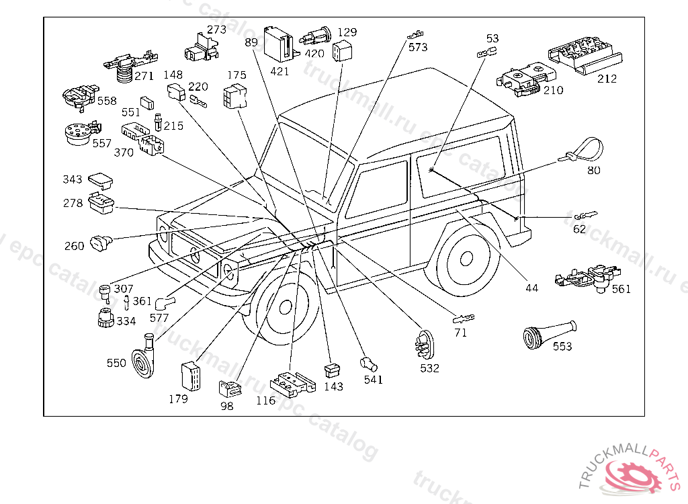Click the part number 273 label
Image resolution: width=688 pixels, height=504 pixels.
pyautogui.click(x=216, y=30)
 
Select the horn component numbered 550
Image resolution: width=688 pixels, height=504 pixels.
pyautogui.click(x=144, y=358)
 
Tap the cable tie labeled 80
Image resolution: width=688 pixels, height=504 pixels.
pyautogui.click(x=582, y=150)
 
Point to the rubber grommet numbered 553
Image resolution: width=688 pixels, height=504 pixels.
pyautogui.click(x=549, y=335)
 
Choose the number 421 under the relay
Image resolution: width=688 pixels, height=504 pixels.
pyautogui.click(x=279, y=71)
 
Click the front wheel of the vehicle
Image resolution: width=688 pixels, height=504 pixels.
pyautogui.click(x=284, y=307)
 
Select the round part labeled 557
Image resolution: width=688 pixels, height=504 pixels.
pyautogui.click(x=81, y=132)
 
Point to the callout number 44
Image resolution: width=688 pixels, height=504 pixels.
pyautogui.click(x=532, y=288)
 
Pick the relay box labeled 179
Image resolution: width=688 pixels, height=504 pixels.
pyautogui.click(x=191, y=376)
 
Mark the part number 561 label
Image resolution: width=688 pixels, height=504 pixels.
pyautogui.click(x=621, y=289)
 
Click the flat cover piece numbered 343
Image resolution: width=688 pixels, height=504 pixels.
pyautogui.click(x=101, y=180)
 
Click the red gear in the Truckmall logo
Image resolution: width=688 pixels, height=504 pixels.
pyautogui.click(x=632, y=474)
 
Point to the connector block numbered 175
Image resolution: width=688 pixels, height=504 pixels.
pyautogui.click(x=234, y=96)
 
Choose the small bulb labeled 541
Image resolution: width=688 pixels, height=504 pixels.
pyautogui.click(x=369, y=364)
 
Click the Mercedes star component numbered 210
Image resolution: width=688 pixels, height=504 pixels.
pyautogui.click(x=522, y=79)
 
